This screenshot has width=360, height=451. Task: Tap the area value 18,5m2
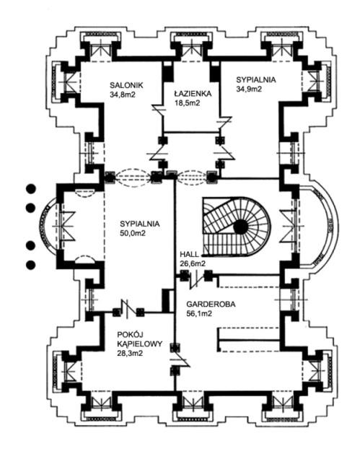(x=187, y=102)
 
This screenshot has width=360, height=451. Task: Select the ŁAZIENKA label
(x=193, y=93)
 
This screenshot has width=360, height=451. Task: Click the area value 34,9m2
(x=249, y=89)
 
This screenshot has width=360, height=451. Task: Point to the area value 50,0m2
(x=133, y=233)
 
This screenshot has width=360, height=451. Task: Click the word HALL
(x=189, y=254)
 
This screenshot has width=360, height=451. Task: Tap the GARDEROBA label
(x=211, y=304)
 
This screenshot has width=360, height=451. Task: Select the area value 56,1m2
(x=199, y=313)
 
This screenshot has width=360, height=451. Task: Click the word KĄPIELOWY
(x=140, y=343)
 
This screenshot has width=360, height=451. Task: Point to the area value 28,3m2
(x=130, y=353)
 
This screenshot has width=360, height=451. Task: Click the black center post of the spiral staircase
(x=240, y=228)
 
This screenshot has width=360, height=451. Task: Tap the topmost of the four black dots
(x=31, y=188)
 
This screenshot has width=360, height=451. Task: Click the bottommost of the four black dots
(x=31, y=265)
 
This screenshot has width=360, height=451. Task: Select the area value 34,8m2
(x=123, y=95)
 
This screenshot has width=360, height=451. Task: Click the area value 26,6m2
(x=193, y=263)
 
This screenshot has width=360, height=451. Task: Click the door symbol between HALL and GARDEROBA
(x=196, y=278)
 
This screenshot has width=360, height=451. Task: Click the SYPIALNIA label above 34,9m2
(x=256, y=79)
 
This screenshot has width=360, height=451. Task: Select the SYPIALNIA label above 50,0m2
(x=140, y=224)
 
